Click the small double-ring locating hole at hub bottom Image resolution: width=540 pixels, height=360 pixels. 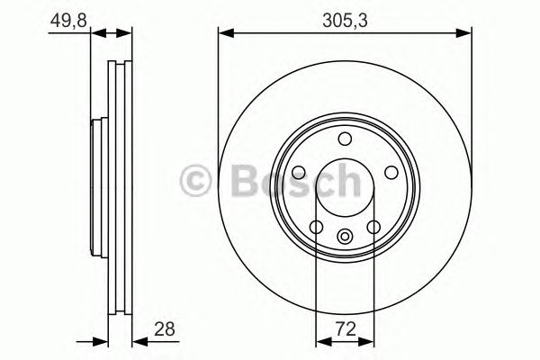345,237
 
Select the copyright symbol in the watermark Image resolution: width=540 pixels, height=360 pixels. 197,180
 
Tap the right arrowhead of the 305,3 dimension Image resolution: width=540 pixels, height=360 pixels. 466,34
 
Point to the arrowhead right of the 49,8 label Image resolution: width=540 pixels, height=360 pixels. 99,34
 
